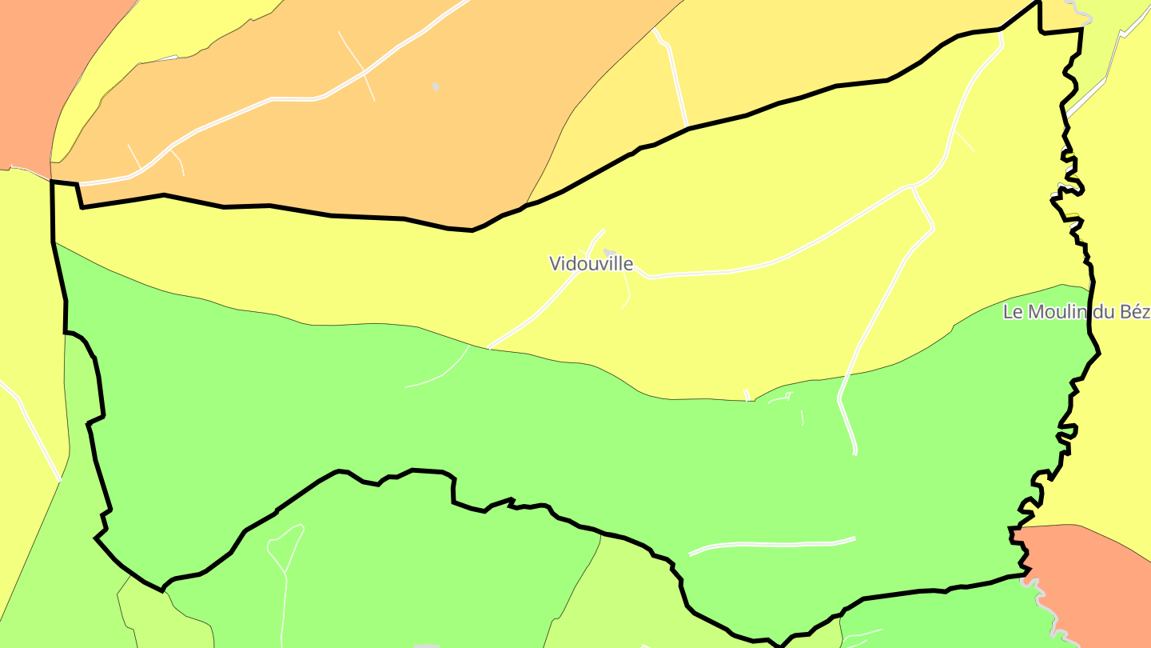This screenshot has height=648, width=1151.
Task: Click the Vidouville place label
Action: pos(591,263)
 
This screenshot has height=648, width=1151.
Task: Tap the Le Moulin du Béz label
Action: pos(1077,312)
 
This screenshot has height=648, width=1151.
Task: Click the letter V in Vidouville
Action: pos(555,263)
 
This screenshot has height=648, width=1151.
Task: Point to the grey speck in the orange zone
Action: pos(436,86)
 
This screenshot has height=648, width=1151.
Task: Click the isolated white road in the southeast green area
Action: pos(771,545)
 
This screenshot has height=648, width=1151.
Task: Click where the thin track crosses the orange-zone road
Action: pos(364,73)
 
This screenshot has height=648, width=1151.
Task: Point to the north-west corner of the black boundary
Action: pos(53,182)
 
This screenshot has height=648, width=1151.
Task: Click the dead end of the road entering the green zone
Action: pos(854,453)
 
